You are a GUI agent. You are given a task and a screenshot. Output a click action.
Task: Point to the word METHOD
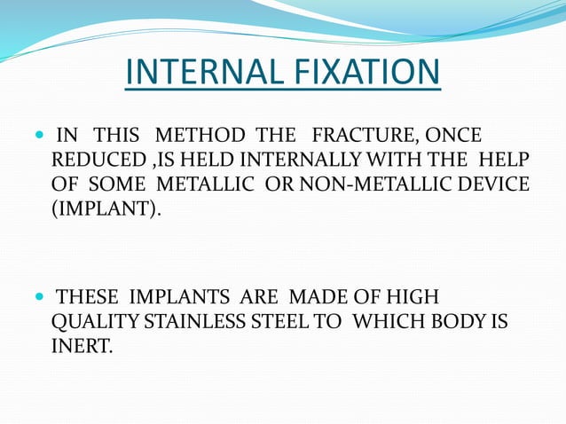[x=200, y=137]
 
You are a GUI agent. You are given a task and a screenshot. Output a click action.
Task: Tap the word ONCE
[x=454, y=137]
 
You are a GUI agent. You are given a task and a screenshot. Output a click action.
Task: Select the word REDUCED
[x=90, y=161]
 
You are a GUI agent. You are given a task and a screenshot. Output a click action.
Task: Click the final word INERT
[x=82, y=345]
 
